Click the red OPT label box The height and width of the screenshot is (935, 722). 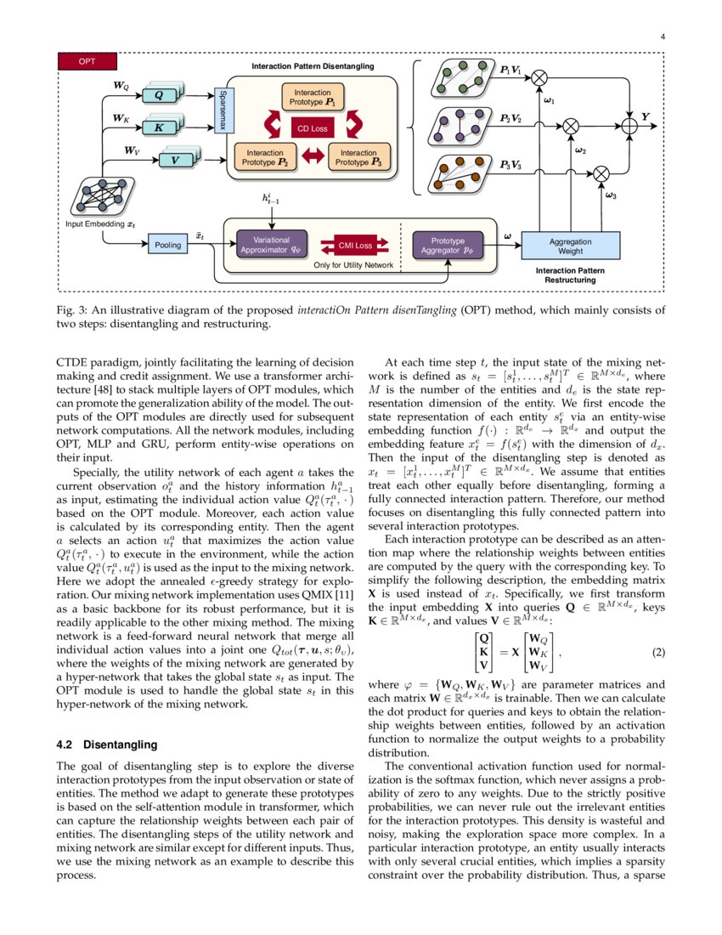87,61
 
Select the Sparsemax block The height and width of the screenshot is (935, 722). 223,110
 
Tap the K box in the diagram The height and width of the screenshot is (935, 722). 158,127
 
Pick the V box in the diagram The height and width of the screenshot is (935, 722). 175,160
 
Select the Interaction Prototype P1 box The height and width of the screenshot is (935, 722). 313,96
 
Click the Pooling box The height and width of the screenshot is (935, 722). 167,246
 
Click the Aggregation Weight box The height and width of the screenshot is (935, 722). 570,246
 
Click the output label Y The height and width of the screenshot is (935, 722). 646,116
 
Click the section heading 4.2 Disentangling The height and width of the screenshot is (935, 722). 106,745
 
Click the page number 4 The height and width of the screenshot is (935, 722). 661,37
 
